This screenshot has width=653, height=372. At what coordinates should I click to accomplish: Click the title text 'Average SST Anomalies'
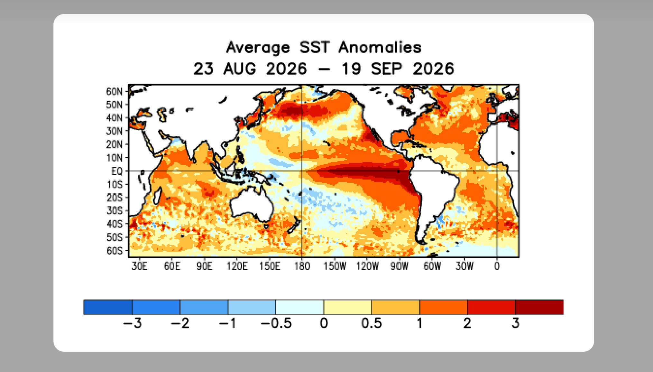323,48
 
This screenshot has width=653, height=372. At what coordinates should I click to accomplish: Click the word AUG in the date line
240,69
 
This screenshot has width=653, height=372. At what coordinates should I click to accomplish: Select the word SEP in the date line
387,69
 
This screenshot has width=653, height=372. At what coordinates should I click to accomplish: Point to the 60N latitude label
114,91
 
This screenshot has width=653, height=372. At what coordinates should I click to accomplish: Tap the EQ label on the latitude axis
117,171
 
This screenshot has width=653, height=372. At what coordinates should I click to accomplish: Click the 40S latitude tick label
115,224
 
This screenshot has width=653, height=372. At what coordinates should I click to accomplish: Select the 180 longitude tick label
302,266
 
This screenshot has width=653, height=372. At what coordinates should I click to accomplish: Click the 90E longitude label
204,266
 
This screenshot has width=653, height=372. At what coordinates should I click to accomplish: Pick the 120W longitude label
367,266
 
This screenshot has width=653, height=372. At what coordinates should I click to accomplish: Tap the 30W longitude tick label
464,266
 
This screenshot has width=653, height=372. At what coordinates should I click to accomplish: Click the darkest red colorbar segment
539,307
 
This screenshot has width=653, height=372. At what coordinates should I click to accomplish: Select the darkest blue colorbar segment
108,307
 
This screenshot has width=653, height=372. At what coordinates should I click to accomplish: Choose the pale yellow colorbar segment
347,307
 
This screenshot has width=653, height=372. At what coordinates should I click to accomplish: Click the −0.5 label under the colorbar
276,323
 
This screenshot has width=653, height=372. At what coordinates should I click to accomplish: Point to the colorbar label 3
515,323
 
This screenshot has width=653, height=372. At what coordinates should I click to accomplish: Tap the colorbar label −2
180,323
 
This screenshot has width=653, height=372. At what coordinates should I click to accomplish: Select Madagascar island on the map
157,196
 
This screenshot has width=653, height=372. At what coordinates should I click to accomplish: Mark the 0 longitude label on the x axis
497,266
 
